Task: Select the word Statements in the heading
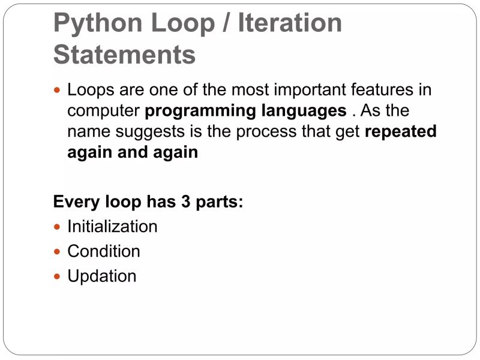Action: point(124,55)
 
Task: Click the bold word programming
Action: point(200,112)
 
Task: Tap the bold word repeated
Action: point(400,132)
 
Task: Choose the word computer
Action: point(104,112)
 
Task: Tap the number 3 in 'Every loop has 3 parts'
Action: point(186,202)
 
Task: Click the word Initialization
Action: point(112,227)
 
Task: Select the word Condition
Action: point(104,251)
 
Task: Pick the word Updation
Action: point(102,276)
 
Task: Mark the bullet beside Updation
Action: point(58,277)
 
